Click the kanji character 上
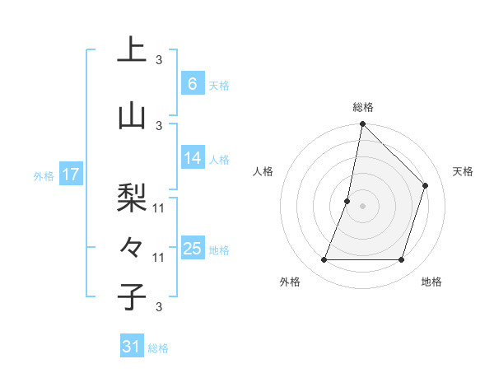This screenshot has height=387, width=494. tap(132, 50)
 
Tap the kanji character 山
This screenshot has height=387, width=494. tap(132, 116)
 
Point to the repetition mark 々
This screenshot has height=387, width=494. tap(132, 246)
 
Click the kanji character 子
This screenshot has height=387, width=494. tap(132, 297)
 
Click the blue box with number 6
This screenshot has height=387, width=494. tap(192, 84)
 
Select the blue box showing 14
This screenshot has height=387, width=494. tap(192, 158)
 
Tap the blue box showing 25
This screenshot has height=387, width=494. tap(192, 249)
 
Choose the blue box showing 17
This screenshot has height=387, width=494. tap(71, 175)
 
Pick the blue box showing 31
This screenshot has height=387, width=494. tap(132, 347)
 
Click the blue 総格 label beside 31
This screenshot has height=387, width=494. tap(158, 348)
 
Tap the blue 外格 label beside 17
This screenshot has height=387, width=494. tap(43, 175)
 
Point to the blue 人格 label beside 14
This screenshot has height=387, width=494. tap(219, 159)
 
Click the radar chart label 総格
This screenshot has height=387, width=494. tap(362, 107)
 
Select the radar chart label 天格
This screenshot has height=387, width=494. tap(463, 171)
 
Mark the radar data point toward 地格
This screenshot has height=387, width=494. tap(401, 260)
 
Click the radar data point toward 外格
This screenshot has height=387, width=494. tap(324, 260)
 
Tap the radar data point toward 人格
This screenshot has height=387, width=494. tap(347, 201)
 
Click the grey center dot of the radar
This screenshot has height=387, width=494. tap(362, 206)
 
